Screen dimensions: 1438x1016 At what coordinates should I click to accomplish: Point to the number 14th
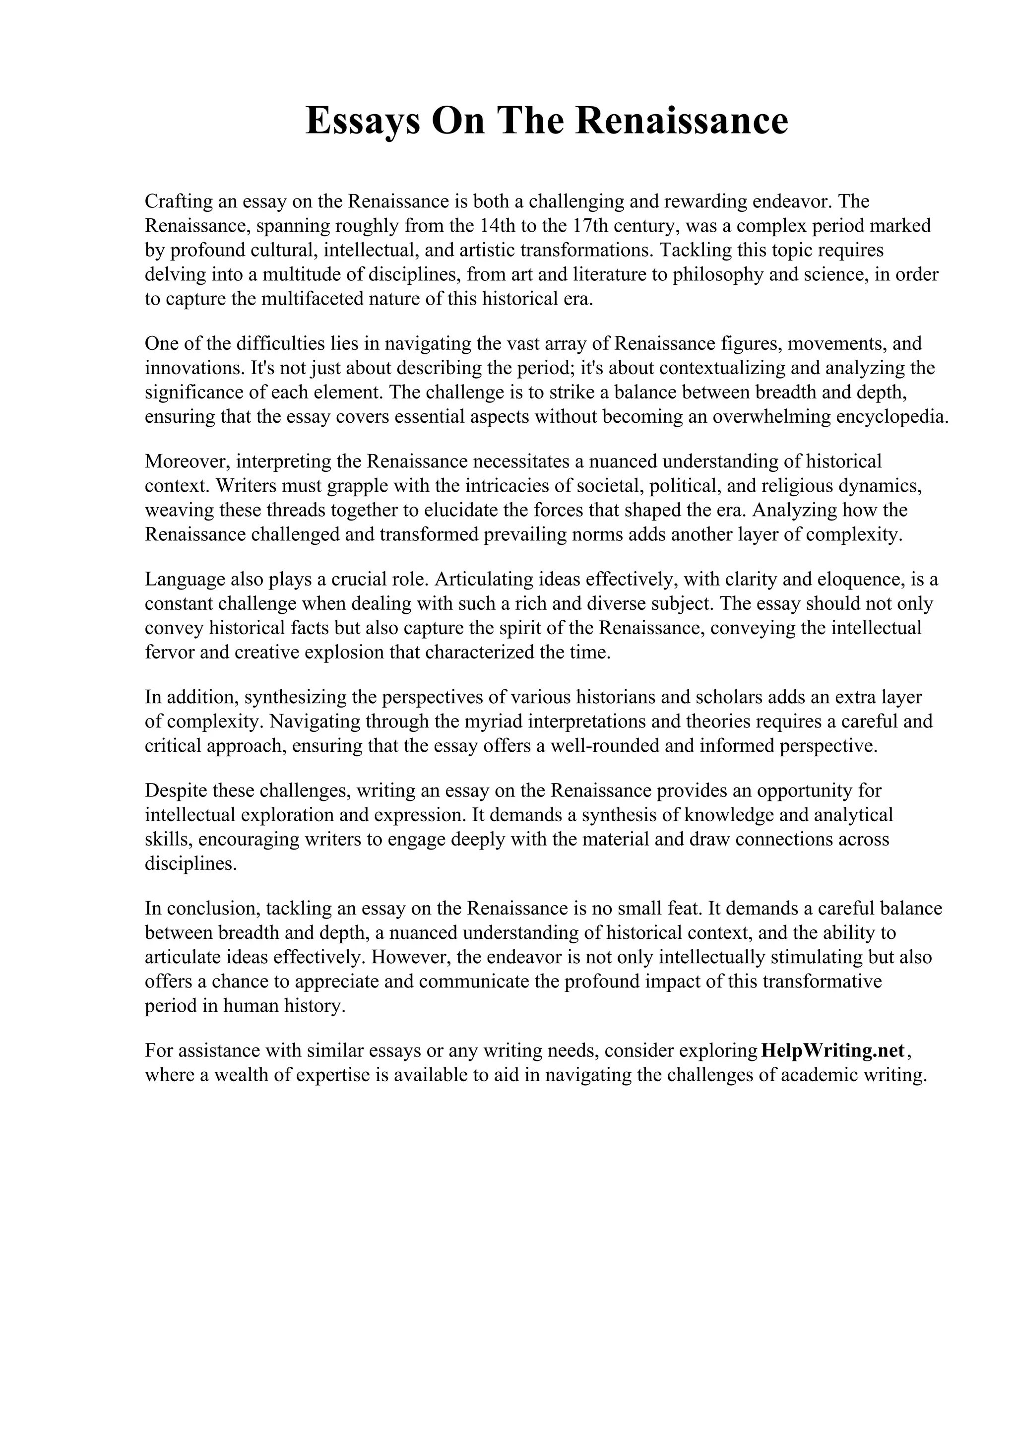[498, 225]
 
